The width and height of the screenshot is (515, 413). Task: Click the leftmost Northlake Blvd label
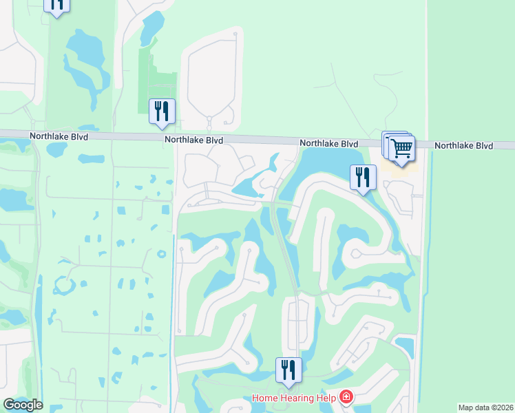(59, 137)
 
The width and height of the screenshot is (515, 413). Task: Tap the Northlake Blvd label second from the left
(193, 140)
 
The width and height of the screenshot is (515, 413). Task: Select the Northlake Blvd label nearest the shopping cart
(328, 144)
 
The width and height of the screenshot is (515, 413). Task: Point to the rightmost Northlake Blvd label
(464, 146)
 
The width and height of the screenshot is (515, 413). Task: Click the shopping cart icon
(400, 147)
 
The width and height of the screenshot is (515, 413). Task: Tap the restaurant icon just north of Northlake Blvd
(162, 111)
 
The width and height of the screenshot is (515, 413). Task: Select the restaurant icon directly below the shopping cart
(362, 178)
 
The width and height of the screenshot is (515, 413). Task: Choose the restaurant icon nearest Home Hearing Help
(288, 370)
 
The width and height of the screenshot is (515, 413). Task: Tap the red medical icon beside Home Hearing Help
(345, 398)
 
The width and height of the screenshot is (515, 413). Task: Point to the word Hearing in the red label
(297, 398)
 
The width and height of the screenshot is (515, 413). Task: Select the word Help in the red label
(326, 398)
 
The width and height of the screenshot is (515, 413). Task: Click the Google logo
(23, 405)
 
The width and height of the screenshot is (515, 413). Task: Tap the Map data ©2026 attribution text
(485, 407)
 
